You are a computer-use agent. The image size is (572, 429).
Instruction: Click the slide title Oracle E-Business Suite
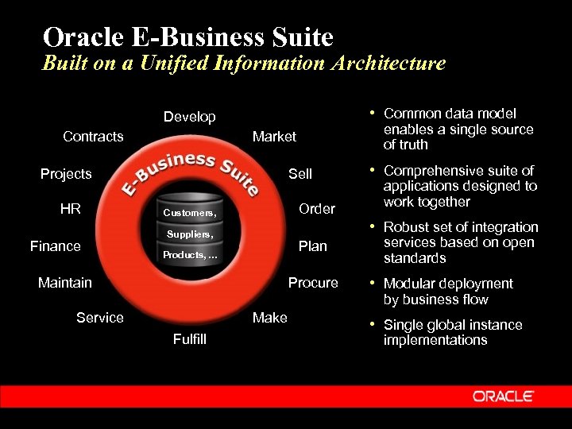188,37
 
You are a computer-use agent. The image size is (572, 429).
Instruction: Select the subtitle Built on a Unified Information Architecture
243,63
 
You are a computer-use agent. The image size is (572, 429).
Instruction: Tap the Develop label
189,117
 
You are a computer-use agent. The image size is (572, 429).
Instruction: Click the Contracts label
93,137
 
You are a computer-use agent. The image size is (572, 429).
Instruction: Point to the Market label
274,137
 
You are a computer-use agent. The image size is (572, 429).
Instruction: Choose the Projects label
66,174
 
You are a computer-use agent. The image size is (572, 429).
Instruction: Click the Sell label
300,174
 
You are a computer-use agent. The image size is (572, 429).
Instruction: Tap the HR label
71,209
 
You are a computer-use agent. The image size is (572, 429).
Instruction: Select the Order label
317,209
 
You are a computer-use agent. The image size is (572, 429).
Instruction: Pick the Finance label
56,246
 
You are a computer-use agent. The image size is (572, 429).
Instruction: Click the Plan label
312,246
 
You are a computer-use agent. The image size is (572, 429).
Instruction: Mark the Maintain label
65,282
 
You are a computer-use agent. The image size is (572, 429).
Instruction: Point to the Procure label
313,282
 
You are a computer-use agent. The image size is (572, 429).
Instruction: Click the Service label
100,318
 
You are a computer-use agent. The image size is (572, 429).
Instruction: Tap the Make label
269,318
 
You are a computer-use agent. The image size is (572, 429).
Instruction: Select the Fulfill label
189,339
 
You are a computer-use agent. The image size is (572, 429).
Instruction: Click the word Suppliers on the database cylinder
190,234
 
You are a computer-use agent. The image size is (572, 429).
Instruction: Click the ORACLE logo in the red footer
504,396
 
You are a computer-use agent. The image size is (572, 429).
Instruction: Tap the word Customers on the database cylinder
189,213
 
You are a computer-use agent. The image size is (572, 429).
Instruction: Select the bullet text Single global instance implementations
453,332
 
